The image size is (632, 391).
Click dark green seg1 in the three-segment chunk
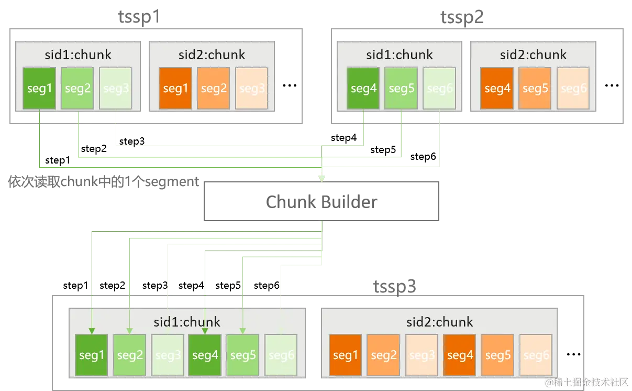click(x=39, y=88)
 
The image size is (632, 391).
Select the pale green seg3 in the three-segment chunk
click(x=116, y=88)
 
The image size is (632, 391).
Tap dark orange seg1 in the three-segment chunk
click(x=175, y=88)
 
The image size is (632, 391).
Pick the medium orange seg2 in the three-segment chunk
click(x=214, y=88)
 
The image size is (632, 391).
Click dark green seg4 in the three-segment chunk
click(x=363, y=88)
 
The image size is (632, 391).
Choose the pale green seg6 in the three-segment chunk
click(x=439, y=88)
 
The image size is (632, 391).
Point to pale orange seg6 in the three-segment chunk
click(x=573, y=88)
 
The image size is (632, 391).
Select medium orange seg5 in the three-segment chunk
click(x=535, y=88)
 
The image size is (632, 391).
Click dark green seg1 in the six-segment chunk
click(x=92, y=355)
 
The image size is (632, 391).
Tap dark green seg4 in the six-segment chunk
click(x=205, y=355)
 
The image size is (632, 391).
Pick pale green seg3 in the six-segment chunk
click(x=168, y=355)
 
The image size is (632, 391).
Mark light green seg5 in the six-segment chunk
click(x=243, y=355)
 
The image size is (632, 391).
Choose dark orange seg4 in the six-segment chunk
click(x=460, y=355)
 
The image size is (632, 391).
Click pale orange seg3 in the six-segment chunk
click(x=422, y=355)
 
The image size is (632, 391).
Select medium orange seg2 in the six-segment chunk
click(x=384, y=355)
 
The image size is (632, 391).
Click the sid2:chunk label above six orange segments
click(x=440, y=322)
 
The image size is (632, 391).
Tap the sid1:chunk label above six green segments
click(x=187, y=322)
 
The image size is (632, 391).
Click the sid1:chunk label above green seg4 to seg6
click(x=400, y=55)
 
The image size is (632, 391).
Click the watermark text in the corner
click(x=586, y=382)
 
